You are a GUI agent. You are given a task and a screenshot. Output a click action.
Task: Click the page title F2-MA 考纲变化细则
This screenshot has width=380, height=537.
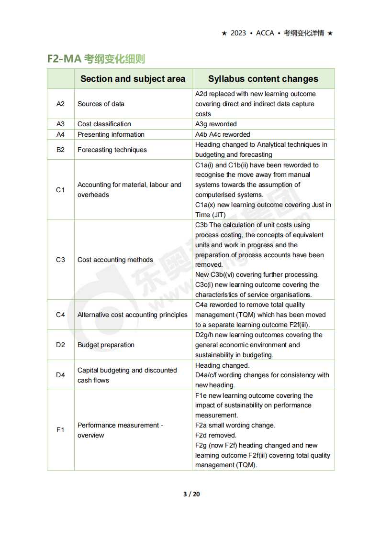tap(96, 59)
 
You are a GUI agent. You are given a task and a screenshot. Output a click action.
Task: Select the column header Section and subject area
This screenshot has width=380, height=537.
tap(133, 79)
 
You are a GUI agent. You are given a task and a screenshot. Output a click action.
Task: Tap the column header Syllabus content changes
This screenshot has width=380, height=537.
tap(263, 79)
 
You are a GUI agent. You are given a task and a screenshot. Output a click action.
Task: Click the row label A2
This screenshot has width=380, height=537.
tap(60, 104)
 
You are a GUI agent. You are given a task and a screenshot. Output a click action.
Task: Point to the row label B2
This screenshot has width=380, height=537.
tap(60, 150)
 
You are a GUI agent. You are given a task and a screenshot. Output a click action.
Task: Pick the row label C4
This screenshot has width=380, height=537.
tap(60, 315)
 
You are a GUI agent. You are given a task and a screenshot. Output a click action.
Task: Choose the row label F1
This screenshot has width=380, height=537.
tap(60, 430)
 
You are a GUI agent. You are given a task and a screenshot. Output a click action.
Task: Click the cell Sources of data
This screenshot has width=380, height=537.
tap(101, 104)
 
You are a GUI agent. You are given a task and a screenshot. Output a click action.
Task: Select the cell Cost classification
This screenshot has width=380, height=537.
tap(104, 124)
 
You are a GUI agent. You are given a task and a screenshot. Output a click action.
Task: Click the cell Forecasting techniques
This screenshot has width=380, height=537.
tap(112, 150)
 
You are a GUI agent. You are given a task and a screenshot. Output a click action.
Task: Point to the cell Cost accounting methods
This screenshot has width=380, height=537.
tap(115, 260)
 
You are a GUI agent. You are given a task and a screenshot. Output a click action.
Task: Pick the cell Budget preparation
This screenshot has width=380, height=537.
tap(106, 345)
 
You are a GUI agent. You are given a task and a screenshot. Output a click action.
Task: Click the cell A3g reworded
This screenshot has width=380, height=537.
tap(216, 124)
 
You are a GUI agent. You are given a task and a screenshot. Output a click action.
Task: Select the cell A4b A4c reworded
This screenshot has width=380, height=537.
tap(223, 134)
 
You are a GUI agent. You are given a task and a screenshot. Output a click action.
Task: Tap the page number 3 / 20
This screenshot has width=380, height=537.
tap(191, 494)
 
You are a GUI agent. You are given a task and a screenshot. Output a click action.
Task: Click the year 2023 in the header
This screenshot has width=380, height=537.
tap(238, 33)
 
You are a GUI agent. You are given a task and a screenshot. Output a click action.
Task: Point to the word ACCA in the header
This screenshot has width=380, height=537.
tap(265, 33)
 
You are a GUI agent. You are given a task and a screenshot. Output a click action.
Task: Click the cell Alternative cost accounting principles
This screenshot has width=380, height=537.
tap(133, 315)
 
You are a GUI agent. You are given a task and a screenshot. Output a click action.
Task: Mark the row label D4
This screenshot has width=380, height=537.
tap(60, 375)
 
